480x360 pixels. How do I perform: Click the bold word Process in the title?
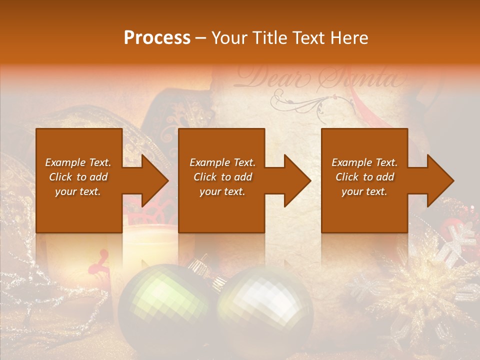tap(157, 38)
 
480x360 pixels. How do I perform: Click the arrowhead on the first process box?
tap(152, 180)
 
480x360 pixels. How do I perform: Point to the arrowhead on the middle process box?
tap(295, 180)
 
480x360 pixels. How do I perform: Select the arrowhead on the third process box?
tap(438, 180)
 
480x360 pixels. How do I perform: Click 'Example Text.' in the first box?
tap(78, 162)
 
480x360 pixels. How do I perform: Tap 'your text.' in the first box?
tap(78, 191)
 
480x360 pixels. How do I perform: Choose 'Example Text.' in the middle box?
tap(222, 162)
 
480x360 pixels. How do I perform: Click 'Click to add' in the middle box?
tap(222, 177)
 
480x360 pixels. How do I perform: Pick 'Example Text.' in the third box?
tap(364, 162)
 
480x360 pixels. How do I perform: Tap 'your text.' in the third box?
tap(364, 191)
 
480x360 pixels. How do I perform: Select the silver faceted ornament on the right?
tap(265, 310)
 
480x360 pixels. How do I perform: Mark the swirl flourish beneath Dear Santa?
tap(300, 102)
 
